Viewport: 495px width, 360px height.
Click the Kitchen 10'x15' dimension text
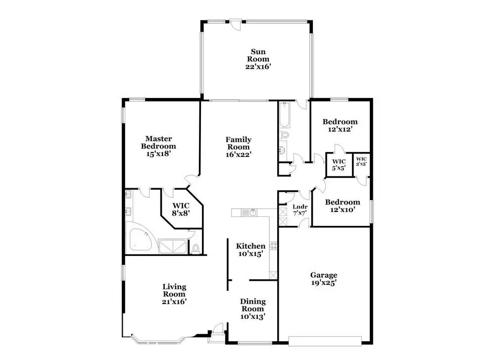tap(250, 254)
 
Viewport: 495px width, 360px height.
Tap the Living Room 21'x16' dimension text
tap(174, 301)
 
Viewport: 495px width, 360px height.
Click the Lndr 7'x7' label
tap(299, 209)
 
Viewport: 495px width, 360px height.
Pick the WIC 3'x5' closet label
tap(361, 161)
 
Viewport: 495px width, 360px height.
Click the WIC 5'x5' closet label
tap(339, 165)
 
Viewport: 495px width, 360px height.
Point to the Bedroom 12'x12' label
tap(340, 125)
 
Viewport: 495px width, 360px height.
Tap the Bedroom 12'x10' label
tap(342, 206)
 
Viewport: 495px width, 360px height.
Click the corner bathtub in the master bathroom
tap(139, 238)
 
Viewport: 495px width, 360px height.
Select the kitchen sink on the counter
tap(252, 212)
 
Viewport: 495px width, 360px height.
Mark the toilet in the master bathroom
tap(196, 248)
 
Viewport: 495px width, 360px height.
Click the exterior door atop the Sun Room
tap(236, 23)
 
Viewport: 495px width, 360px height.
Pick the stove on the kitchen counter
tap(273, 246)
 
